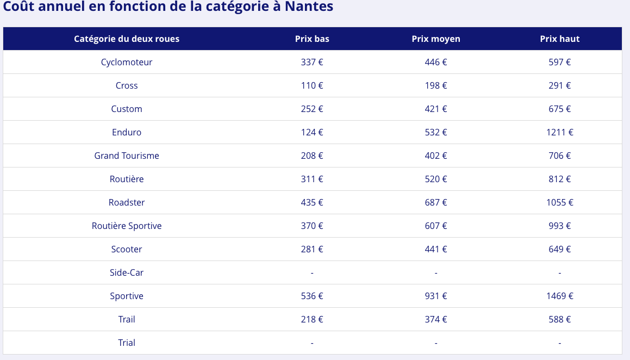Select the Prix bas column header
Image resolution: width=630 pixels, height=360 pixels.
click(x=312, y=39)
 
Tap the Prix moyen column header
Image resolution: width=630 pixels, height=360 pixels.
click(x=436, y=39)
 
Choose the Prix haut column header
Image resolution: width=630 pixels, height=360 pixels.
click(x=560, y=39)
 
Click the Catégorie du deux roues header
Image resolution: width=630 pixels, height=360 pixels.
click(x=127, y=39)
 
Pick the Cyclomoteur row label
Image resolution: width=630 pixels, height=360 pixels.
click(x=127, y=62)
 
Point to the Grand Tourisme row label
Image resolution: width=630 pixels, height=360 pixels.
click(x=127, y=156)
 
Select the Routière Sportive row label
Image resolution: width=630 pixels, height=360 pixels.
click(x=127, y=226)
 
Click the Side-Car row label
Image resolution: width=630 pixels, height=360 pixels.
click(x=127, y=272)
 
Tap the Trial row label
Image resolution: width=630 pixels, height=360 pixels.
click(x=127, y=343)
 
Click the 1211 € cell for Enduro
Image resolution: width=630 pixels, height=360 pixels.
click(x=560, y=132)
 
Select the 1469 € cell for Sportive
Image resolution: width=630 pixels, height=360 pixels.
click(x=560, y=296)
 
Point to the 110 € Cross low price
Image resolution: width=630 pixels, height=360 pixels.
click(x=312, y=85)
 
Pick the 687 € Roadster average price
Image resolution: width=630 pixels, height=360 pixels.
click(x=436, y=202)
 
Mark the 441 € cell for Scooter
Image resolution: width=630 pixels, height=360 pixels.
click(x=436, y=249)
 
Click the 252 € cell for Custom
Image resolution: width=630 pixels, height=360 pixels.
click(x=312, y=109)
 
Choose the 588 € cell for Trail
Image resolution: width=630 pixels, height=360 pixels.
click(x=560, y=319)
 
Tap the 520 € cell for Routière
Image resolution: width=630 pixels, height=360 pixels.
click(x=436, y=179)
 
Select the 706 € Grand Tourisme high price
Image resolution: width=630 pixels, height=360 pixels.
click(x=560, y=156)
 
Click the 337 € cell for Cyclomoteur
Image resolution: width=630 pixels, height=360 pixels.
click(x=312, y=62)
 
